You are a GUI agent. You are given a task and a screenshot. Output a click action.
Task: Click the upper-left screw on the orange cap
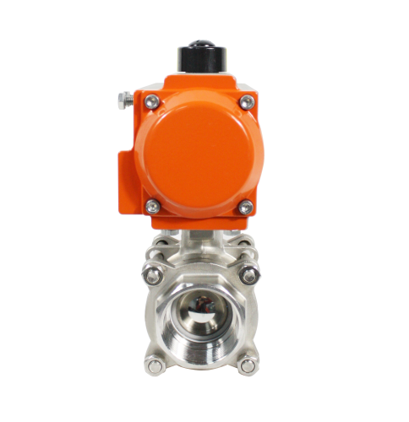tap(151, 103)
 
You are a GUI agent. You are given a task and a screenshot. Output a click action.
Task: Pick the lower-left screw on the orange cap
tap(152, 207)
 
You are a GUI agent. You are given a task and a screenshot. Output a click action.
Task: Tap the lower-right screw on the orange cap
tap(244, 207)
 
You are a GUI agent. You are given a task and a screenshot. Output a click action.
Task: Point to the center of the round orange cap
tap(199, 154)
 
